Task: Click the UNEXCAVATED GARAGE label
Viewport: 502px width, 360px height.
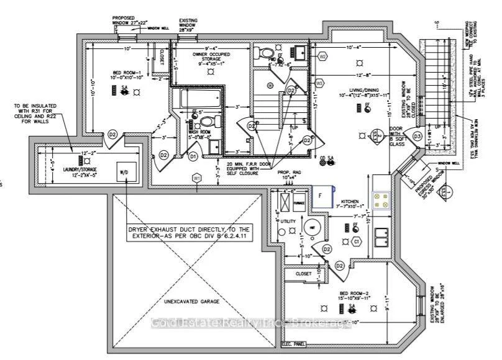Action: [x=192, y=302]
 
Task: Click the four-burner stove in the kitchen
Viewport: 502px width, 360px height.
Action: [x=380, y=199]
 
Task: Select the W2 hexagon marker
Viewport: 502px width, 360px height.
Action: [x=322, y=56]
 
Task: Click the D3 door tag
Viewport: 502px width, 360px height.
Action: [x=418, y=136]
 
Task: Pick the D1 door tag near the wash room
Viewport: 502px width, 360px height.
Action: [x=193, y=155]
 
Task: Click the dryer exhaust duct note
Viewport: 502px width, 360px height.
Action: [x=188, y=233]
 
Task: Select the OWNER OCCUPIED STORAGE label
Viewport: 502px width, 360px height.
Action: [x=212, y=58]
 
